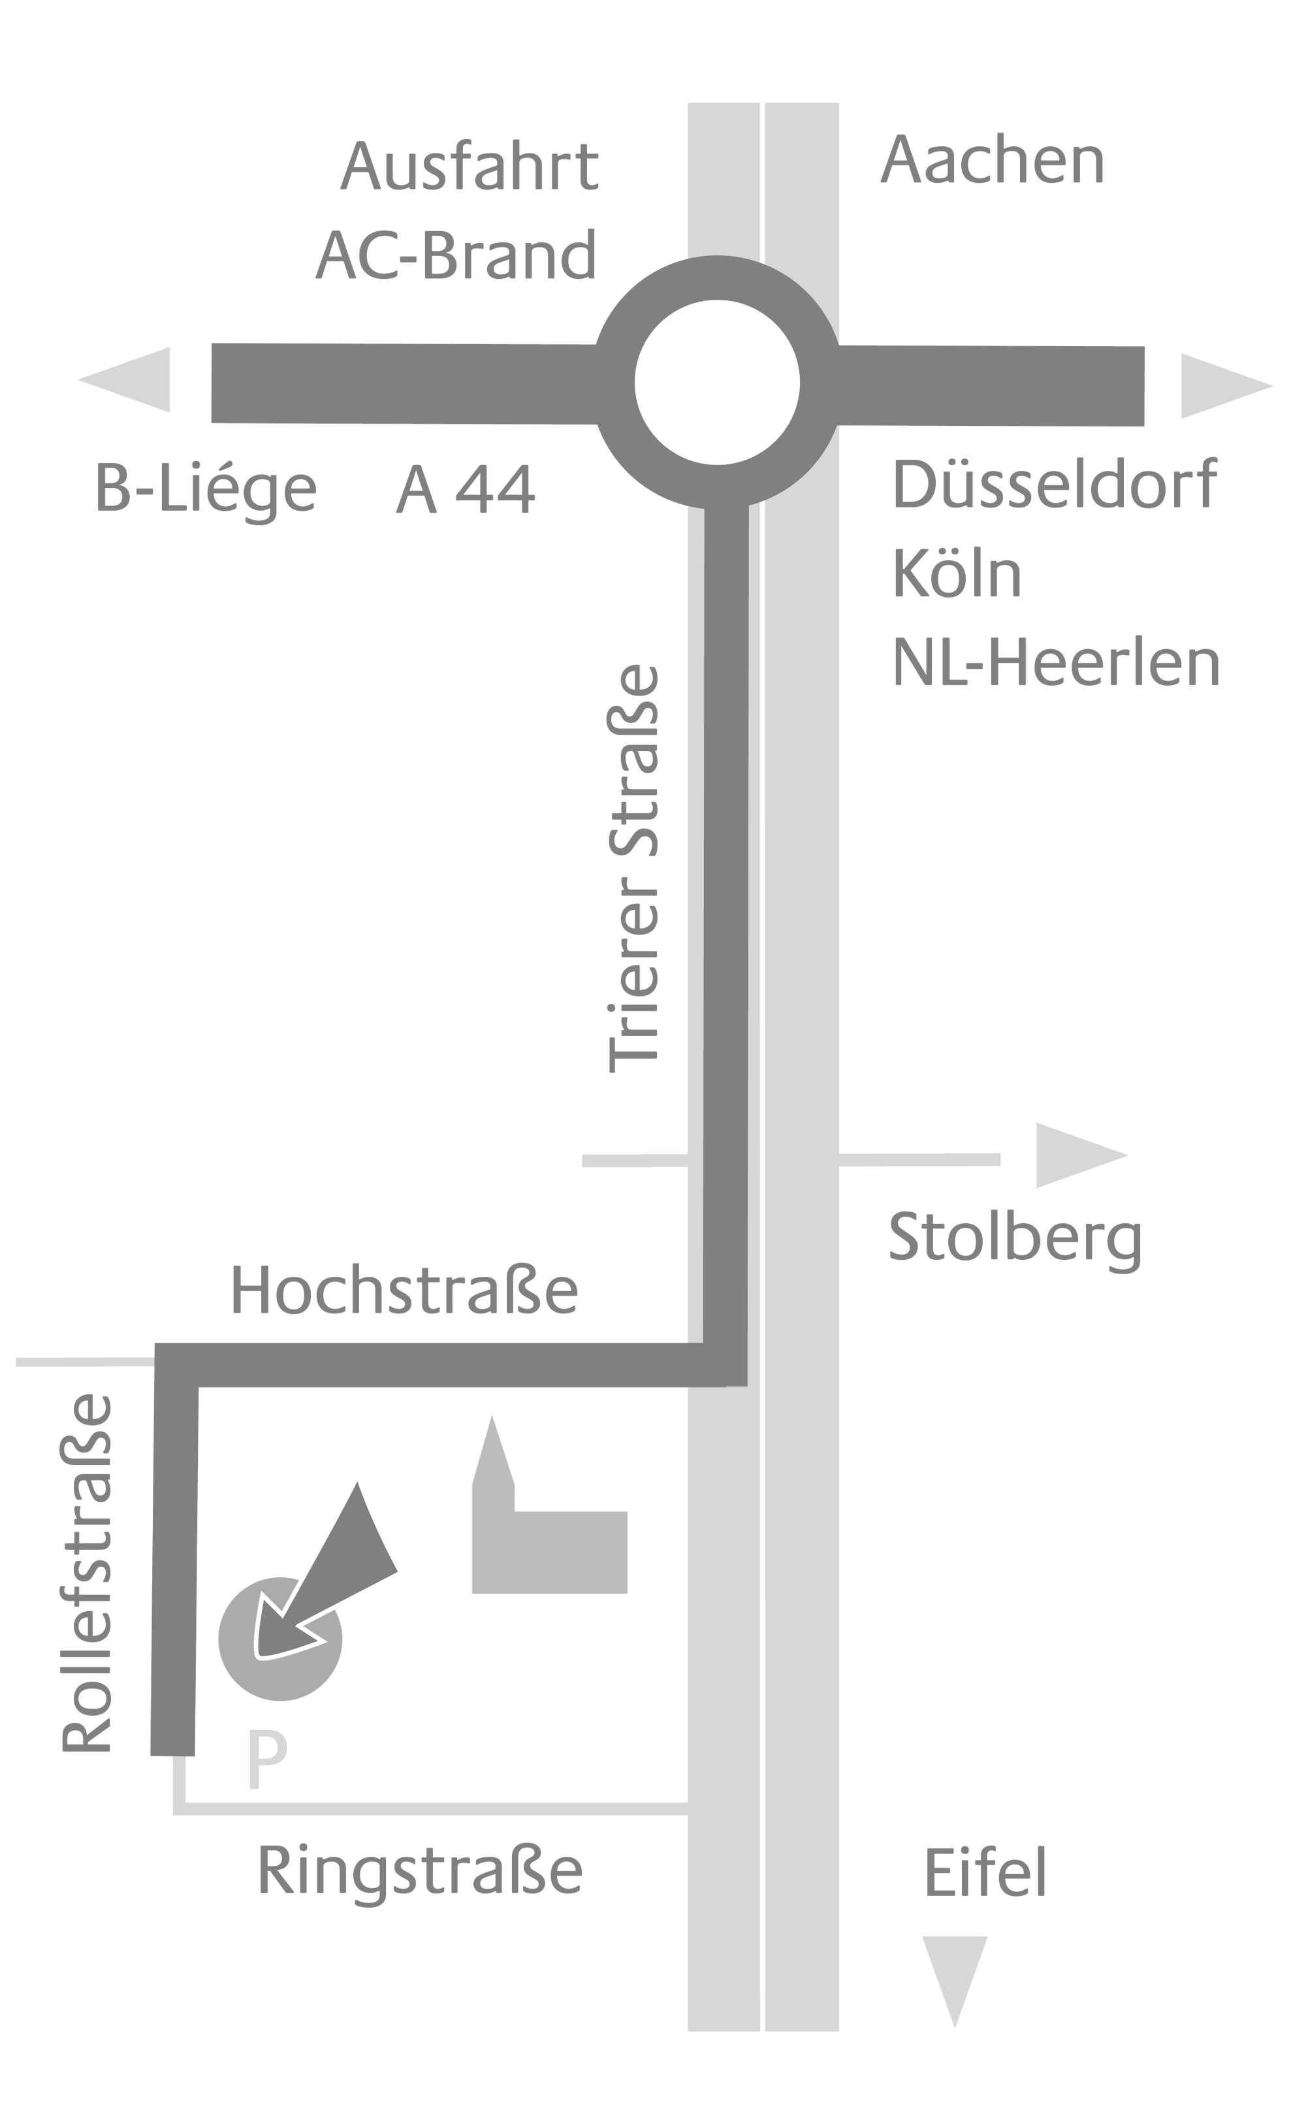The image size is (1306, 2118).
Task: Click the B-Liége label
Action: pyautogui.click(x=206, y=490)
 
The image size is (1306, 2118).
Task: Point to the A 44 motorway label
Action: pyautogui.click(x=466, y=490)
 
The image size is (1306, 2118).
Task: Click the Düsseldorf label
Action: pyautogui.click(x=1054, y=484)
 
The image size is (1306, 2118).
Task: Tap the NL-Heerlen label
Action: pyautogui.click(x=1055, y=664)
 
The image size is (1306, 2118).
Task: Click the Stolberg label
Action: pyautogui.click(x=1015, y=1240)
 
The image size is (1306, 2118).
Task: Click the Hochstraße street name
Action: pyautogui.click(x=404, y=1291)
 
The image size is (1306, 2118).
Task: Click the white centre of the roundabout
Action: pyautogui.click(x=717, y=382)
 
